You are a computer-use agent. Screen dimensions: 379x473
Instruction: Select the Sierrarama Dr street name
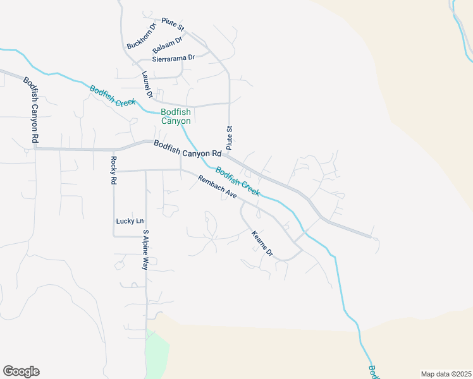click(169, 57)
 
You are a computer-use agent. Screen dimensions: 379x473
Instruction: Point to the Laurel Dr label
click(147, 84)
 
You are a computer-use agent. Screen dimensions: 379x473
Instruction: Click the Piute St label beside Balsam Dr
click(173, 25)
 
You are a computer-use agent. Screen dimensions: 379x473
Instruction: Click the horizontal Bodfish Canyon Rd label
click(187, 149)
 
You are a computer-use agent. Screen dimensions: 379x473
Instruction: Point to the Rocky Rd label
click(114, 170)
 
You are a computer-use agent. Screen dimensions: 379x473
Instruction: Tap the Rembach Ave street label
click(217, 187)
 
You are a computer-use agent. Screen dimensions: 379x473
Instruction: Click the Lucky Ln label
click(130, 221)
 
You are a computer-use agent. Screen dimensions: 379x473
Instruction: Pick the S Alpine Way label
click(145, 250)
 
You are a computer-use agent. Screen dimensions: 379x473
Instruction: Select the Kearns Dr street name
click(262, 243)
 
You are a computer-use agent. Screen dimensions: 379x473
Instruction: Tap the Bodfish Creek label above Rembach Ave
click(237, 181)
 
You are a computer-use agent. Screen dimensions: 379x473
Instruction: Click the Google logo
click(21, 371)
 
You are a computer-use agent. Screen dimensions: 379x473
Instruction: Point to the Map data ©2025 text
click(445, 374)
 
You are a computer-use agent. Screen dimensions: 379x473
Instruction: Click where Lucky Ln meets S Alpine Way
click(146, 236)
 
